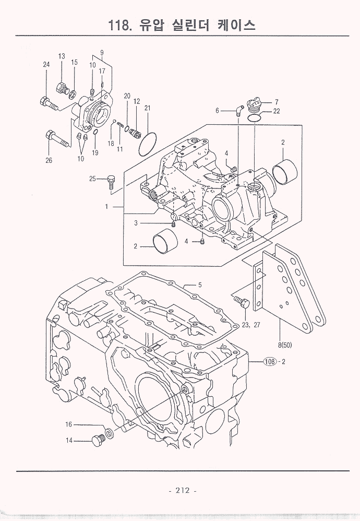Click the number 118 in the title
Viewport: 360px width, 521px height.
pyautogui.click(x=122, y=25)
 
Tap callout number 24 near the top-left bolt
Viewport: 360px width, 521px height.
pyautogui.click(x=46, y=64)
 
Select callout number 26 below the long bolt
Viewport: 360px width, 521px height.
pyautogui.click(x=49, y=161)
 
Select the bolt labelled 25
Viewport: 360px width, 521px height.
pyautogui.click(x=110, y=181)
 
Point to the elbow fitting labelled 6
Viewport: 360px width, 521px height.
pyautogui.click(x=238, y=110)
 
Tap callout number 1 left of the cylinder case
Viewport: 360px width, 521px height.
pyautogui.click(x=106, y=207)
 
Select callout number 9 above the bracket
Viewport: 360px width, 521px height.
pyautogui.click(x=102, y=52)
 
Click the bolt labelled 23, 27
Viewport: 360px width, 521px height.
pyautogui.click(x=242, y=302)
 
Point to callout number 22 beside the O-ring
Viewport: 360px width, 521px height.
pyautogui.click(x=276, y=111)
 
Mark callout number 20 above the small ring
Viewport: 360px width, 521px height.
pyautogui.click(x=127, y=96)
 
